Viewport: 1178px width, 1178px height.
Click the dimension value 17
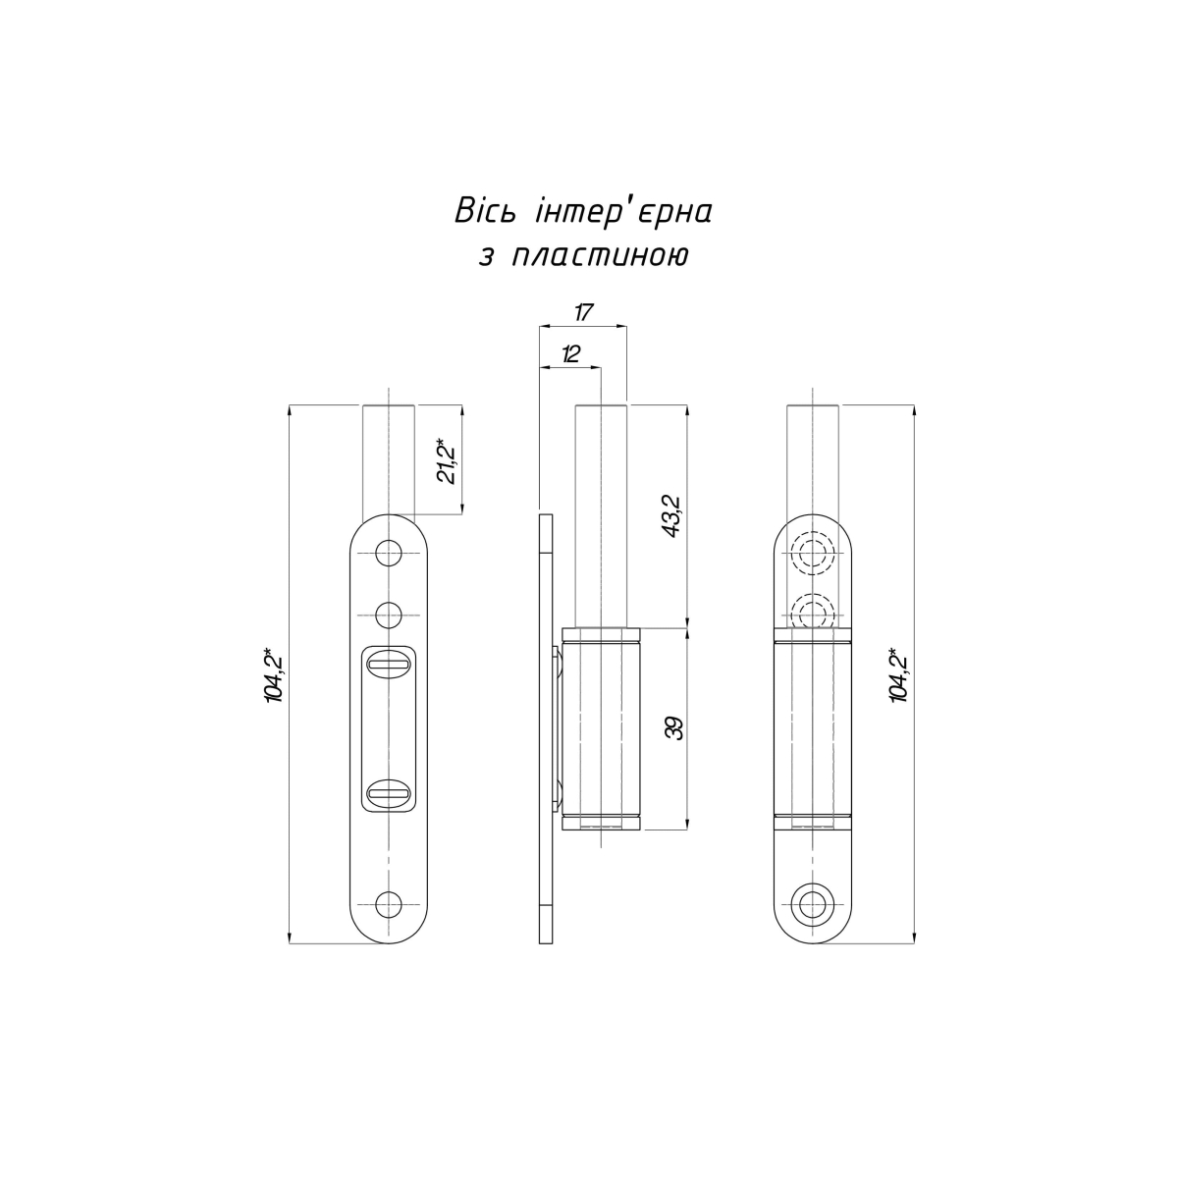click(x=583, y=313)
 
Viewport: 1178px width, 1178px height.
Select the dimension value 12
click(x=570, y=354)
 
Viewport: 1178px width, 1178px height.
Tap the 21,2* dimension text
click(x=448, y=461)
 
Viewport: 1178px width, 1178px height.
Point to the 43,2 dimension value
click(x=673, y=516)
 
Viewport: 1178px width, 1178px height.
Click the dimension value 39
click(x=673, y=727)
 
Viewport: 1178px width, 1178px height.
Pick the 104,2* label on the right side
click(x=899, y=674)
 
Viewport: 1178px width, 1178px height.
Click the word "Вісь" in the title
click(x=485, y=211)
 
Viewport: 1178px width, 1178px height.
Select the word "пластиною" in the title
click(x=600, y=256)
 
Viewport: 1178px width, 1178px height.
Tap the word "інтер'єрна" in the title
click(x=623, y=211)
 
